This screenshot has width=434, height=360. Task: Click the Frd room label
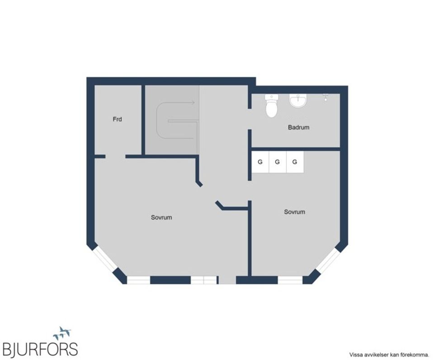pos(118,120)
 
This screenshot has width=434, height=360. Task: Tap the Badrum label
pos(298,127)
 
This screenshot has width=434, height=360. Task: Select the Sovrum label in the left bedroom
pos(161,217)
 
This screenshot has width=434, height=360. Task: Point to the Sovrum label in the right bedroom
pos(294,211)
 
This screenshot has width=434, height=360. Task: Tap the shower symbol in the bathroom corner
pos(325,97)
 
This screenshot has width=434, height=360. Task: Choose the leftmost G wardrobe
pos(260,162)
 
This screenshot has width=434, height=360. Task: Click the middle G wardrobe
pos(277,162)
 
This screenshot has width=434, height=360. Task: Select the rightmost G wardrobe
pos(294,162)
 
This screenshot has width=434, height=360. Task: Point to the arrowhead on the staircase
pos(193,103)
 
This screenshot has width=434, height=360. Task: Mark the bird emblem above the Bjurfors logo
pos(62,333)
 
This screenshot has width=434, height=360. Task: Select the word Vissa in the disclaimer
pos(355,355)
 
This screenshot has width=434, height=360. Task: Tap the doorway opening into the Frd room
pos(115,157)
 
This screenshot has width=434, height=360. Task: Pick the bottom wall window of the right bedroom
pos(290,280)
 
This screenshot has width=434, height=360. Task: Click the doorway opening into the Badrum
pos(250,119)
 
